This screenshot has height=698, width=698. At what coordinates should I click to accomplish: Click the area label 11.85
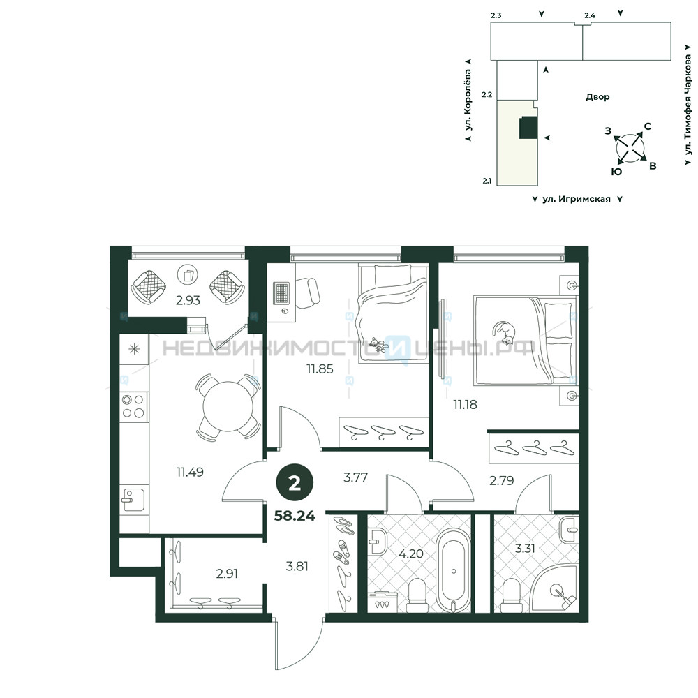point(320,369)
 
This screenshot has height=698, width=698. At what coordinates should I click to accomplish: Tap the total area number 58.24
point(295,516)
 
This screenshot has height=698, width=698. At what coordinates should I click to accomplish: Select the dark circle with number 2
point(295,484)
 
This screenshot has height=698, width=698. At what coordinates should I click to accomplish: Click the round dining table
point(228,406)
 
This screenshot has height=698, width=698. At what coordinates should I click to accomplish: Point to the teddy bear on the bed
point(378,345)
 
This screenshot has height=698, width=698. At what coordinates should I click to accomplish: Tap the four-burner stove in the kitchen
point(133,406)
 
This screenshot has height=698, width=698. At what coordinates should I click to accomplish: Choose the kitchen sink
point(133,500)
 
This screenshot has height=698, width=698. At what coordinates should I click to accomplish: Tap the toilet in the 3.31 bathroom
point(510,595)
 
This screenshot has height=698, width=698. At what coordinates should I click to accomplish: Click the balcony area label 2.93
point(188,300)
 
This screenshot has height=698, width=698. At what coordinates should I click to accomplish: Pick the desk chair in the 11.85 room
point(307,292)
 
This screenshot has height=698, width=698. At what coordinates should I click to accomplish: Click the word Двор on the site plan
point(597,97)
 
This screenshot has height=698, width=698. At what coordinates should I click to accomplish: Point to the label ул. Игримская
point(577,199)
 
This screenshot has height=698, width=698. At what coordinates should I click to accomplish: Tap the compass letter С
point(648,126)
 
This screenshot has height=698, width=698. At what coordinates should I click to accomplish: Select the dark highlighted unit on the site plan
point(529,128)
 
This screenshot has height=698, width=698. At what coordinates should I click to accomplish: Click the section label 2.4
point(590,15)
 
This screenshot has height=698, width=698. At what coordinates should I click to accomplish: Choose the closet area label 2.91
point(227,574)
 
